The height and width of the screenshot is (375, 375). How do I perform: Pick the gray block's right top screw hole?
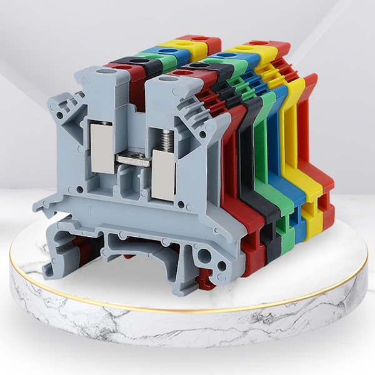tap(167, 79)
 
